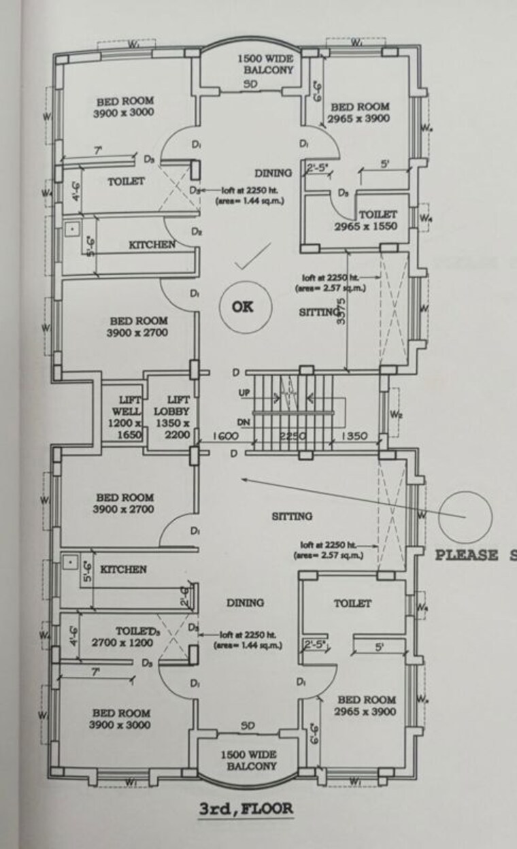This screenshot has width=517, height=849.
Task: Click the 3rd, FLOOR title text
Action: (246, 809)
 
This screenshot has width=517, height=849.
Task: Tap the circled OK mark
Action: (242, 307)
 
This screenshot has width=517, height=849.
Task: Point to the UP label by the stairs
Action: (244, 394)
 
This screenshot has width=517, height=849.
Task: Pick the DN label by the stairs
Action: (244, 422)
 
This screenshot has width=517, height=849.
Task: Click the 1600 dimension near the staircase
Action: (224, 436)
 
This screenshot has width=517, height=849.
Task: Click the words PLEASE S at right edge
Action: (476, 554)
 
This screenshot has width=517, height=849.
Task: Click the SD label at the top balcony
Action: (252, 85)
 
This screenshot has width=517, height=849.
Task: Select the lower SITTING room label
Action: (292, 516)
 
